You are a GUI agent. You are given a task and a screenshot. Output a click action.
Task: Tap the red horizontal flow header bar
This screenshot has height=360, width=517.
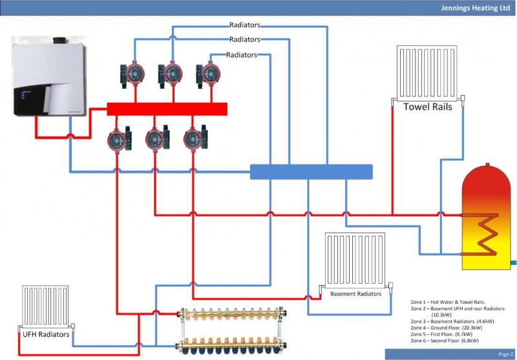pos(167,109)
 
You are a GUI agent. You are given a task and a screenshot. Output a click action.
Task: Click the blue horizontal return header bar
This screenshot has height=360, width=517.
pos(311,171)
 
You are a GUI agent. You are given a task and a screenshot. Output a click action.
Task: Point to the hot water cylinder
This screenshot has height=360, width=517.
pos(487,217)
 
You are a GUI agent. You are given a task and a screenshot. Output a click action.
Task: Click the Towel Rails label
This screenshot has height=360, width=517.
pos(427,107)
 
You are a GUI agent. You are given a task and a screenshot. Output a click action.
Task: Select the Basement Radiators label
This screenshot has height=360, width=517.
pos(355,293)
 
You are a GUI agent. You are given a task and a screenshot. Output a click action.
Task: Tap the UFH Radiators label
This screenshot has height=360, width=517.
pos(41,334)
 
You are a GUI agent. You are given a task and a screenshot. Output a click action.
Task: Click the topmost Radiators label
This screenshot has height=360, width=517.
pos(245,25)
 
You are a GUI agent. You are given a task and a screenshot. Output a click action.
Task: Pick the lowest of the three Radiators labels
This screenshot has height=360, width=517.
pos(242,55)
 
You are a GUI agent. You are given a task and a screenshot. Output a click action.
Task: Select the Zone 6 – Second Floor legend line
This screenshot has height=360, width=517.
pos(450,341)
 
